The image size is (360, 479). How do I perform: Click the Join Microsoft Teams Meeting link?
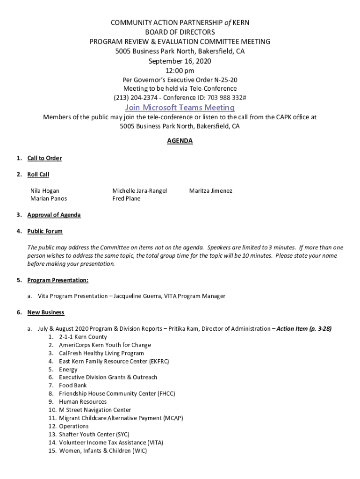(180, 108)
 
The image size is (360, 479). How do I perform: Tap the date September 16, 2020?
(180, 61)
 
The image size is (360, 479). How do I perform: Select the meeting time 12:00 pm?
(180, 71)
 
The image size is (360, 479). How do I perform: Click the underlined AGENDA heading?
(180, 141)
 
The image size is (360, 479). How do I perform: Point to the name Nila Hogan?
(45, 191)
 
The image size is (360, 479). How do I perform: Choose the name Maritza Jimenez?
(210, 191)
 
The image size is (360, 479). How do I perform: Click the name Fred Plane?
(126, 198)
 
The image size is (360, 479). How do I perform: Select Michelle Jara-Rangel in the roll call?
(139, 191)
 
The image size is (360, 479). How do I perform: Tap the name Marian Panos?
(49, 198)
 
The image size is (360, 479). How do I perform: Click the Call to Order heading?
(44, 158)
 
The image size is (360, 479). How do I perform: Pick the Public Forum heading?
(45, 231)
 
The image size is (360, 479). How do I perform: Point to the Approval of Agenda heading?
(54, 215)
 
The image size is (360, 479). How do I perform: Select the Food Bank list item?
(73, 385)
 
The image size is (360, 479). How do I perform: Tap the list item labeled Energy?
(68, 369)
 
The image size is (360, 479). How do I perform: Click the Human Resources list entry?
(83, 401)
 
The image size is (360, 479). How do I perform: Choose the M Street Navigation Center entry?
(95, 410)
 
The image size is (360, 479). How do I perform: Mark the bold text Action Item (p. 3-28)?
(304, 328)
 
